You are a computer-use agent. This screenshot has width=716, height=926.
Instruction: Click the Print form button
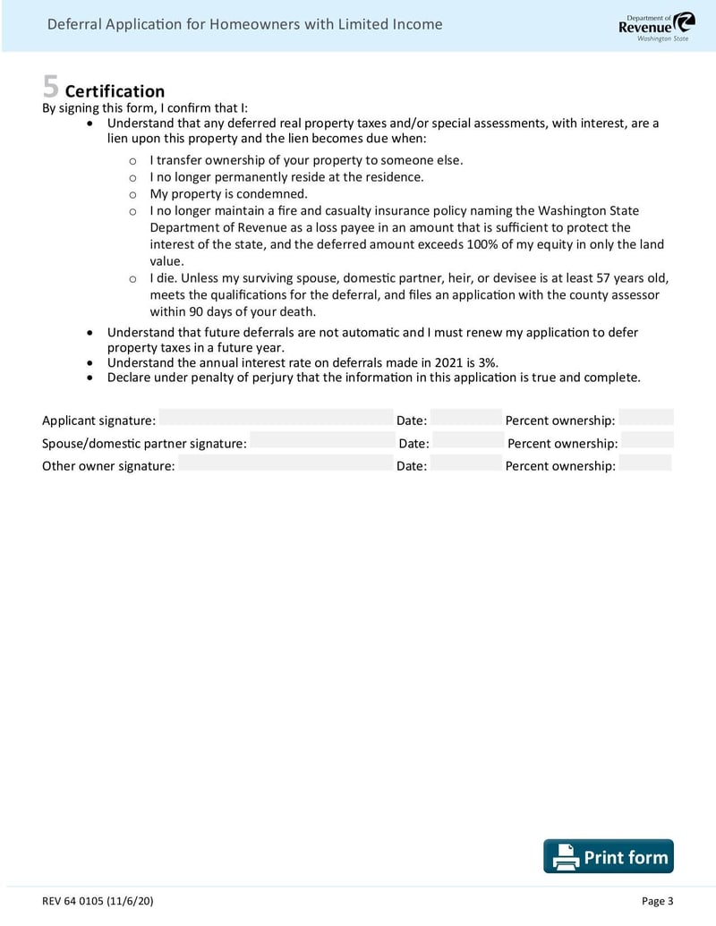[x=609, y=856]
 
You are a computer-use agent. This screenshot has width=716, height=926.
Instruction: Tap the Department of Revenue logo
[x=656, y=27]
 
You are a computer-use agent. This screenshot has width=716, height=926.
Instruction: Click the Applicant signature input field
[x=276, y=418]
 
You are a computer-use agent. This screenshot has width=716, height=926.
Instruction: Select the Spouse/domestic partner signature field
[x=321, y=440]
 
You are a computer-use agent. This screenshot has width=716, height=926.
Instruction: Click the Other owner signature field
[x=286, y=463]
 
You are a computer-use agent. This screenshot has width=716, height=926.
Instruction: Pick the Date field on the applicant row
[x=465, y=418]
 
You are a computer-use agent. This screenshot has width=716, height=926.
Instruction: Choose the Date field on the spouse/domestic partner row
[x=468, y=440]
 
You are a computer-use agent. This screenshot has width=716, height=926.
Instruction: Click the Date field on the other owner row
[x=465, y=463]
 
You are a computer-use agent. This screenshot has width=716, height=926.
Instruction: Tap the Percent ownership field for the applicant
[x=645, y=418]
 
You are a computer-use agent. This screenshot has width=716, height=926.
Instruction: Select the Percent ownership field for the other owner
[x=644, y=463]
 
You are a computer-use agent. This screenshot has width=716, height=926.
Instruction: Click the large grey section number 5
[x=51, y=88]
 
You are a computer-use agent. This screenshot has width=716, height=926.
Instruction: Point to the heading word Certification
[x=115, y=91]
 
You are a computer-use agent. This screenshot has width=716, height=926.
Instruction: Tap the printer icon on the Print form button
[x=566, y=857]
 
